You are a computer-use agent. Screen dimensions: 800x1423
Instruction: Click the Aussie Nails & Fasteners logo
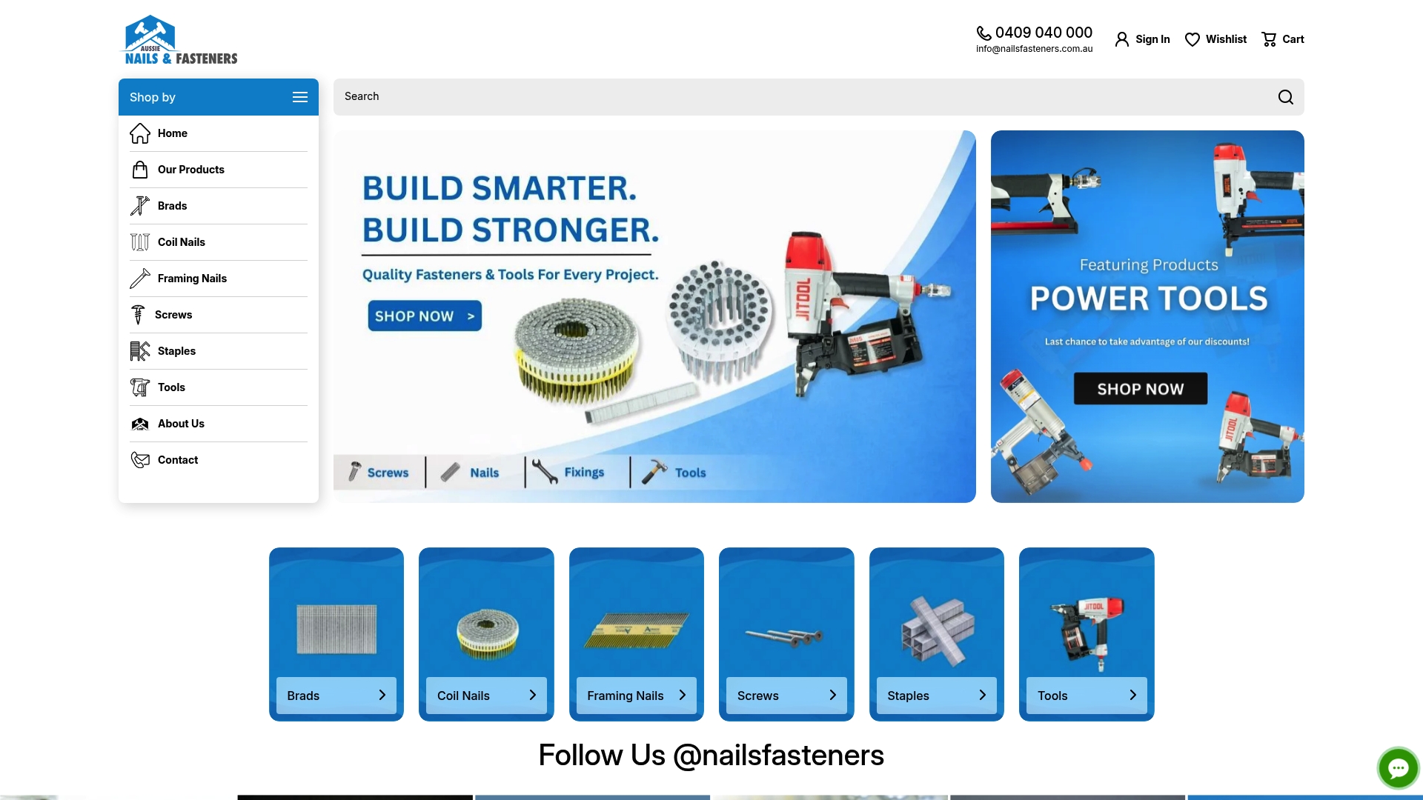pyautogui.click(x=180, y=40)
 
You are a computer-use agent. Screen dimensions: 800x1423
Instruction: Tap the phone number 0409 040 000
pyautogui.click(x=1043, y=33)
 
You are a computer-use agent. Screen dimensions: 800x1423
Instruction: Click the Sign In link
pyautogui.click(x=1143, y=39)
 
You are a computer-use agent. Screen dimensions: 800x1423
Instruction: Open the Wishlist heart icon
pyautogui.click(x=1193, y=39)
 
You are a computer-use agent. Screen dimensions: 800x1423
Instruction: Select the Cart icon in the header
pyautogui.click(x=1270, y=39)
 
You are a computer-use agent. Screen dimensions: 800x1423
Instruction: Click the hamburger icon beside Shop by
pyautogui.click(x=300, y=97)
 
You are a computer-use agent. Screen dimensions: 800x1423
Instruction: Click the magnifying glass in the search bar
pyautogui.click(x=1286, y=97)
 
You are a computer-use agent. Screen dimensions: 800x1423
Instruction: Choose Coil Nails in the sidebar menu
pyautogui.click(x=182, y=242)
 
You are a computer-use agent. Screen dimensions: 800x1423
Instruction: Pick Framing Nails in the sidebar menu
pyautogui.click(x=192, y=279)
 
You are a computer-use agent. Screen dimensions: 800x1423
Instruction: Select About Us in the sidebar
pyautogui.click(x=181, y=424)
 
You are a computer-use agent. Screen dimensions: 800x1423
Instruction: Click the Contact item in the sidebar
pyautogui.click(x=178, y=460)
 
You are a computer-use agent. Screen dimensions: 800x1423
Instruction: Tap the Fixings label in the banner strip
pyautogui.click(x=584, y=473)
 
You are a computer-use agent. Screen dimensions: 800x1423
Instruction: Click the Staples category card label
pyautogui.click(x=908, y=696)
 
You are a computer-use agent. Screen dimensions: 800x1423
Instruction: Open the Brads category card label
pyautogui.click(x=303, y=696)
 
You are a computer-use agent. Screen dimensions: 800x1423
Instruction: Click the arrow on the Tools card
pyautogui.click(x=1132, y=695)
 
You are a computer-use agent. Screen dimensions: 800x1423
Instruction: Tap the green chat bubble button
pyautogui.click(x=1398, y=768)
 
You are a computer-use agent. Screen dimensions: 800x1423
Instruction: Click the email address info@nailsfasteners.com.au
pyautogui.click(x=1034, y=49)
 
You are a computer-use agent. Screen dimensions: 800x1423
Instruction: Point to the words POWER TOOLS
pyautogui.click(x=1148, y=299)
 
